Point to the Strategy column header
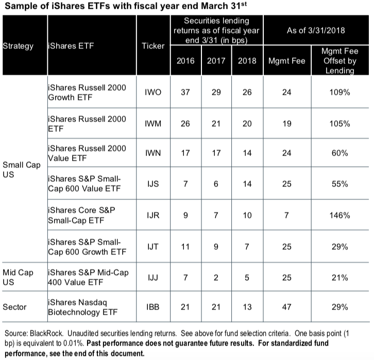[18, 46]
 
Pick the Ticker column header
[153, 46]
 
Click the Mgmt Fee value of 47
[287, 307]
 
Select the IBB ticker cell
[152, 307]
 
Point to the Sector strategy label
[15, 307]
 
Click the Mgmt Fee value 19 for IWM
[287, 124]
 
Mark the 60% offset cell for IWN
[339, 153]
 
